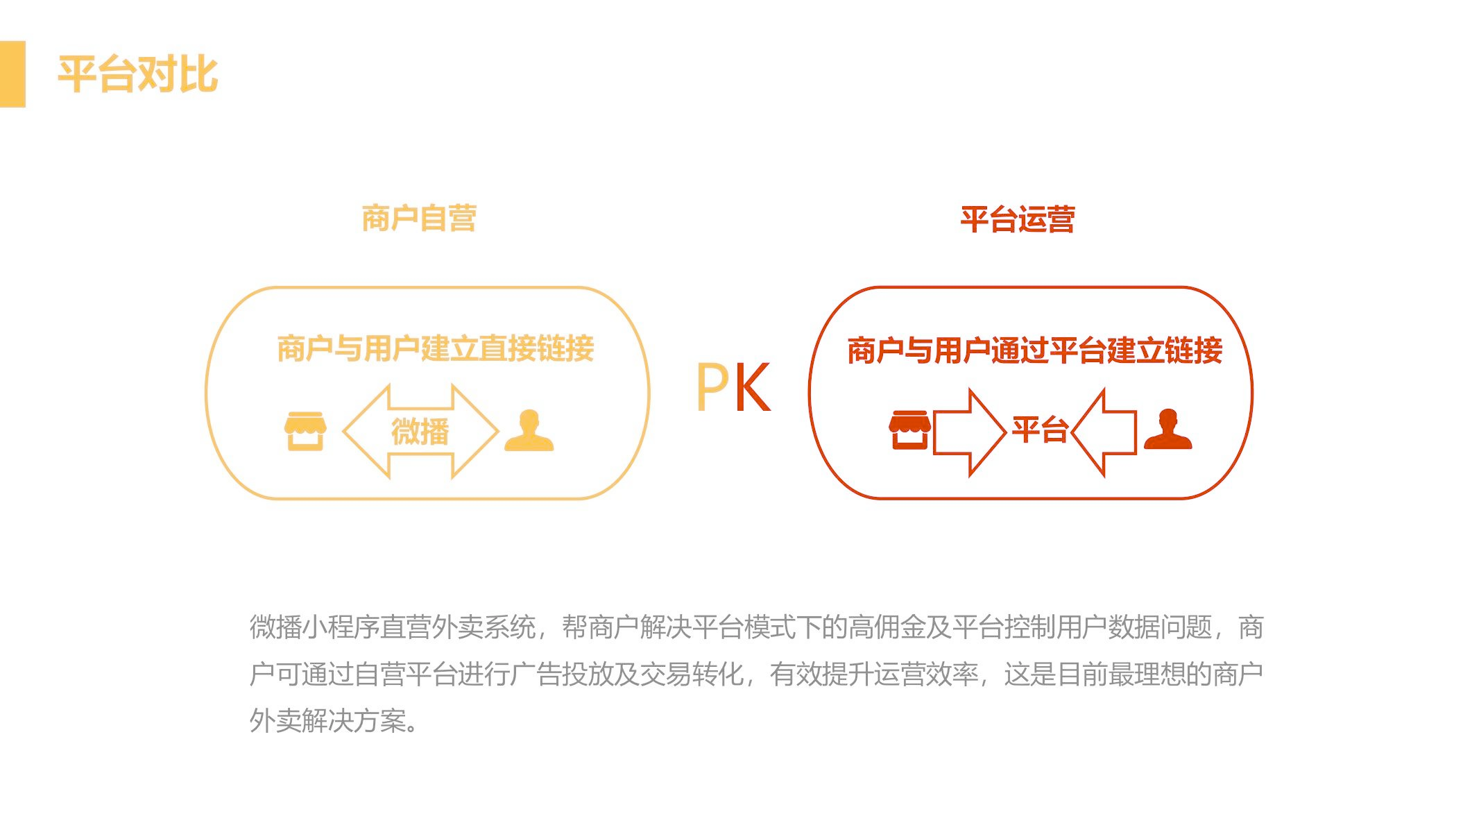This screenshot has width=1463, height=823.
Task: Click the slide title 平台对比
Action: [137, 74]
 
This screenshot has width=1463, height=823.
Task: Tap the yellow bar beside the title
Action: [12, 74]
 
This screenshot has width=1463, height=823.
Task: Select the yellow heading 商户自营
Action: [418, 218]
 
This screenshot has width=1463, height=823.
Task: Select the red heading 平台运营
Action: [1017, 219]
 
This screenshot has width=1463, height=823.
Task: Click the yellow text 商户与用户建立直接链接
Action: [435, 348]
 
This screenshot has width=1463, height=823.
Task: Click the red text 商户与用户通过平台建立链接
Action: [1034, 350]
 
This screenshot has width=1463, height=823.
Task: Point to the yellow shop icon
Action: [305, 431]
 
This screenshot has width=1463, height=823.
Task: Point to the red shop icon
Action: [909, 430]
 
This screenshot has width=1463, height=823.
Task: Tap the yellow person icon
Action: [529, 431]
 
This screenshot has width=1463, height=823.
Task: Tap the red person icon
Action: [1167, 430]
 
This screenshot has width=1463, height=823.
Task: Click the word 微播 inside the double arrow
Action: [420, 432]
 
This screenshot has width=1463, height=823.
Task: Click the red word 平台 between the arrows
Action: [1039, 430]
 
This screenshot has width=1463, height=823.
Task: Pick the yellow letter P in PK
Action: [712, 387]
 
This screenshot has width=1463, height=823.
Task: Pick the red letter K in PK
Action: [752, 387]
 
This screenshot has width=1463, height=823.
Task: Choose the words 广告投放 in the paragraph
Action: [561, 674]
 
